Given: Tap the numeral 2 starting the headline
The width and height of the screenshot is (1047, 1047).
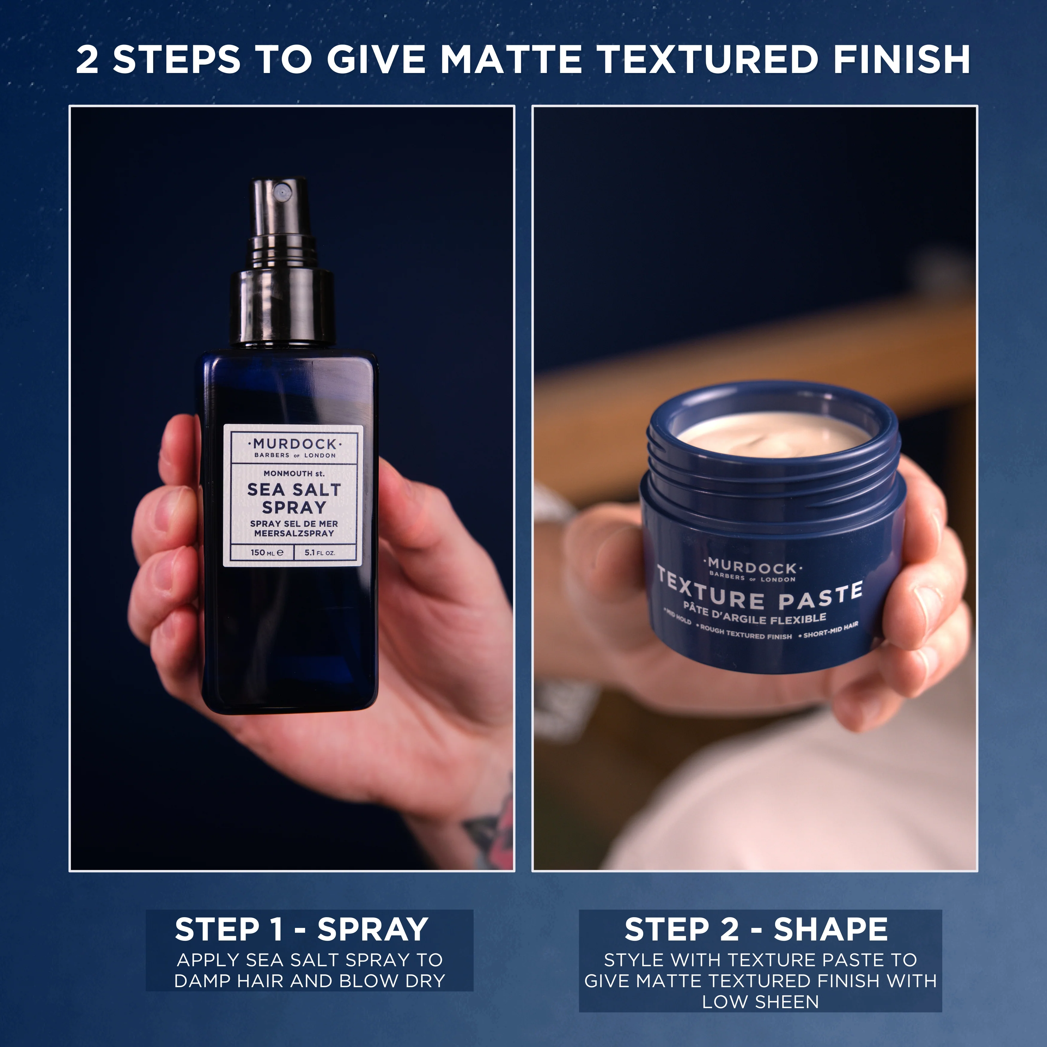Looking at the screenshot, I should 88,60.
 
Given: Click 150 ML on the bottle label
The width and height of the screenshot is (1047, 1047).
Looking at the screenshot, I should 267,553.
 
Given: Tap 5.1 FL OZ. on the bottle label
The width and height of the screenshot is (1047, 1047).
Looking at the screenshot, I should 320,553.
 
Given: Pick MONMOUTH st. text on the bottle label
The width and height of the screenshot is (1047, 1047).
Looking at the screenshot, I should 294,473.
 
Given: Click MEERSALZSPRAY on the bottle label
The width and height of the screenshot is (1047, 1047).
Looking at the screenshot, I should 294,533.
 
